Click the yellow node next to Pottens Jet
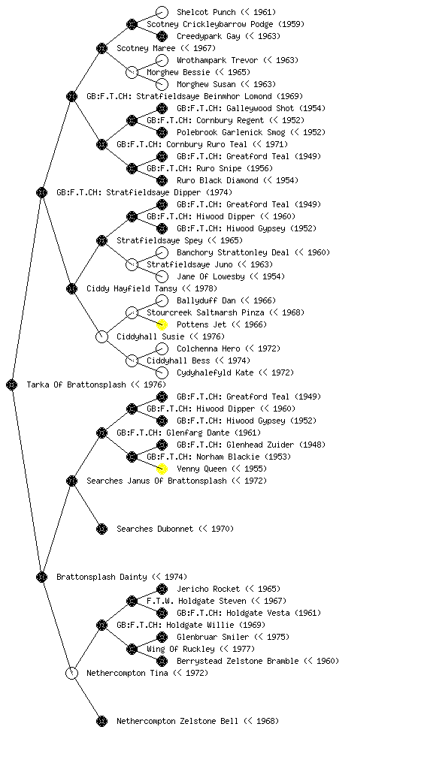162,324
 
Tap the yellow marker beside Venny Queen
162,469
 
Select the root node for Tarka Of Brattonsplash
12,385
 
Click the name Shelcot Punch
206,12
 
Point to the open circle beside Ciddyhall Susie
101,337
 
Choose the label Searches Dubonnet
155,529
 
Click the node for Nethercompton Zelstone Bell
101,721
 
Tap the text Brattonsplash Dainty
101,577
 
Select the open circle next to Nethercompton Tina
71,673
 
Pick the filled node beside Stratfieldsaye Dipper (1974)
41,192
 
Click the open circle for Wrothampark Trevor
162,60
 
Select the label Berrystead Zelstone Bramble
238,661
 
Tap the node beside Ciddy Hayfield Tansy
71,288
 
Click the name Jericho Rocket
208,589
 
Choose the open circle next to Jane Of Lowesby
162,276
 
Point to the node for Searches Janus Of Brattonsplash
71,481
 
